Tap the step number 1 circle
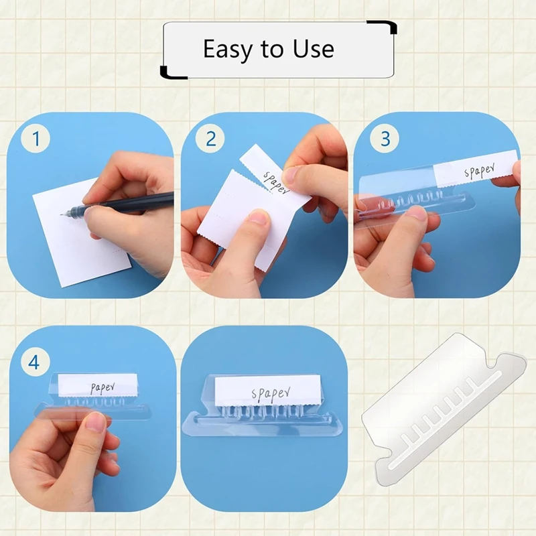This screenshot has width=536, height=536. (x=36, y=139)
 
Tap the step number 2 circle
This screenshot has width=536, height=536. (x=210, y=139)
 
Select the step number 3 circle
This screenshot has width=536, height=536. (x=385, y=139)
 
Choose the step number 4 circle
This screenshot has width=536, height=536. (x=36, y=362)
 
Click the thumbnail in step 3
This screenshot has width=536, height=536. (x=417, y=213)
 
